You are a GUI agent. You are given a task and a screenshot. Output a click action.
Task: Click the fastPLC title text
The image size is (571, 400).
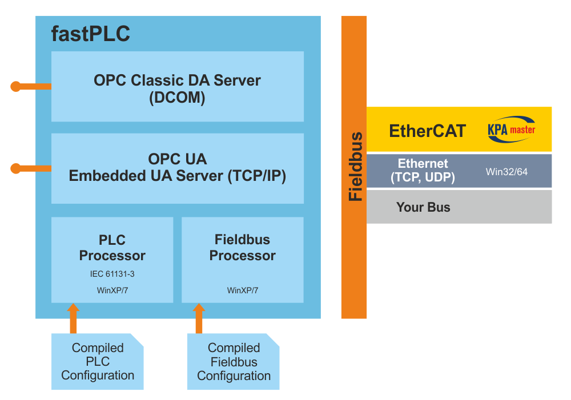(x=91, y=34)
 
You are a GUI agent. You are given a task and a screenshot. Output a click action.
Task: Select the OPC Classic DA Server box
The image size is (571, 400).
(x=177, y=87)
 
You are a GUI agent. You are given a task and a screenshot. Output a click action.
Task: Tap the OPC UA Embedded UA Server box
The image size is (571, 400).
(x=177, y=168)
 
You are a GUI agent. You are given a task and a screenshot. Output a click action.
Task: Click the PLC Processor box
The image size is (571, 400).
(x=112, y=260)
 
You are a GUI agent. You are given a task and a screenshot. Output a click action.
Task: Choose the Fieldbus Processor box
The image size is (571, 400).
(x=242, y=260)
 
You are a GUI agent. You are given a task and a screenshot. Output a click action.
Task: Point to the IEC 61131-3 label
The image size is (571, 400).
(x=112, y=274)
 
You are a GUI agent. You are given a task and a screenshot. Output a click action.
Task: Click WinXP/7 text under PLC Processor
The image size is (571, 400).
(x=112, y=290)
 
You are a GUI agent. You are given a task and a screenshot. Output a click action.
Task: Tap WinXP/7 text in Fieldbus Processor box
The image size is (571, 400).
(x=242, y=290)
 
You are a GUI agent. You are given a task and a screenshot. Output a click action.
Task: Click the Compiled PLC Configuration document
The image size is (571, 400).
(x=98, y=362)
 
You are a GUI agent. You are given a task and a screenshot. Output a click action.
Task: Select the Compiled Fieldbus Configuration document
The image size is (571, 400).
(x=234, y=362)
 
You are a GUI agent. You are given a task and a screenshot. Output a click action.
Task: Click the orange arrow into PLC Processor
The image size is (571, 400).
(x=73, y=318)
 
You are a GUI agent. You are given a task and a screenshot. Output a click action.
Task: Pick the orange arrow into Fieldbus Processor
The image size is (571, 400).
(x=199, y=318)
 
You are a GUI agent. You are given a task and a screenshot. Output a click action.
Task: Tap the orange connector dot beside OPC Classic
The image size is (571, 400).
(x=15, y=87)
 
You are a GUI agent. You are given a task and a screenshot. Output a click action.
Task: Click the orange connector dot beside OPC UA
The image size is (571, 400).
(x=15, y=168)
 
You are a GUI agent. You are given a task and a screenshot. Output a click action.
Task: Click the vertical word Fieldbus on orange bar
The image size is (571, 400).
(x=355, y=167)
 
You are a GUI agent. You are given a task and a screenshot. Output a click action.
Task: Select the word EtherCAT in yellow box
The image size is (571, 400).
(x=427, y=131)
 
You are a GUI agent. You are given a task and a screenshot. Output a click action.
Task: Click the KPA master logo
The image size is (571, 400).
(x=511, y=129)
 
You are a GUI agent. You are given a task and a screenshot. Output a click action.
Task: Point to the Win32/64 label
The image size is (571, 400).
(x=506, y=171)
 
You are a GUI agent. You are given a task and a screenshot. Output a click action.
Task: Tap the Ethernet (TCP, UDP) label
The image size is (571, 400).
(x=423, y=171)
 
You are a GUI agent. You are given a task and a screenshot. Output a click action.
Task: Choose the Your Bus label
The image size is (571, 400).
(x=423, y=207)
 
